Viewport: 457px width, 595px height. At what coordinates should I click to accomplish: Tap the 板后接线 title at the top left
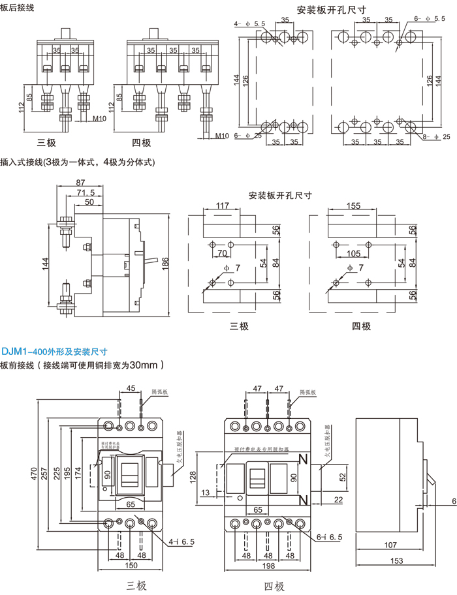coord(18,8)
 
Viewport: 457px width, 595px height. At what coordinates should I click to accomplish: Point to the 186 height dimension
coord(166,263)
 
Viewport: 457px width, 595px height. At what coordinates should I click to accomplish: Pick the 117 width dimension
coord(223,206)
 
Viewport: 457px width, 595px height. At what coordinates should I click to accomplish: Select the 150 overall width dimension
coord(131,566)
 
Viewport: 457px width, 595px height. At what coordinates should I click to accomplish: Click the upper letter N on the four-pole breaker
coord(302,459)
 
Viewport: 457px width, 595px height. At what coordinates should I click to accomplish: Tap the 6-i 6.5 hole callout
coord(329,536)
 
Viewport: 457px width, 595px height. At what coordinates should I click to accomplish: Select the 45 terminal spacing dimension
coord(131,388)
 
